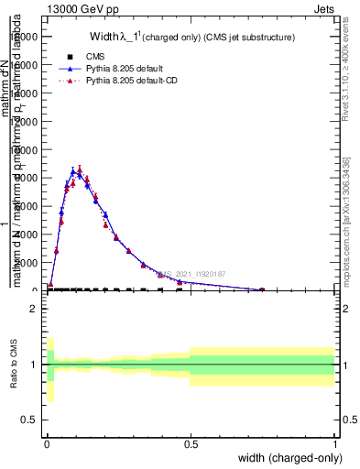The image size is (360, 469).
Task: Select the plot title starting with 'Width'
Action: (191, 38)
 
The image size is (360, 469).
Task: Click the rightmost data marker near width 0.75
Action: (262, 289)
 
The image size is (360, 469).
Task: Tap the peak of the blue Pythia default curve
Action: (73, 170)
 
